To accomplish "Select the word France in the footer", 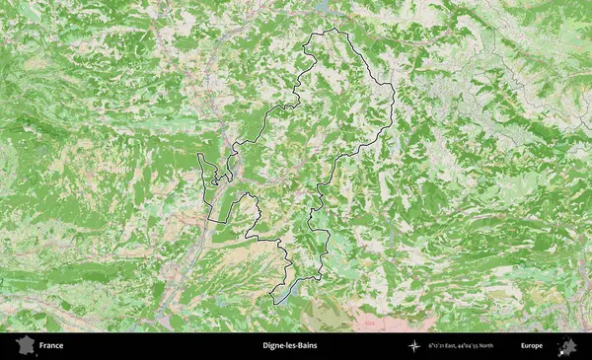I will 50,346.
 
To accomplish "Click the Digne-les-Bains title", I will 290,346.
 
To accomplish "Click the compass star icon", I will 414,346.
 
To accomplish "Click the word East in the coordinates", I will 463,346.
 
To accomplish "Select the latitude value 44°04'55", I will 486,346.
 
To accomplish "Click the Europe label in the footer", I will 532,346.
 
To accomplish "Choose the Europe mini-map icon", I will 567,346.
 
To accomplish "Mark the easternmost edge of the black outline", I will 394,99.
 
